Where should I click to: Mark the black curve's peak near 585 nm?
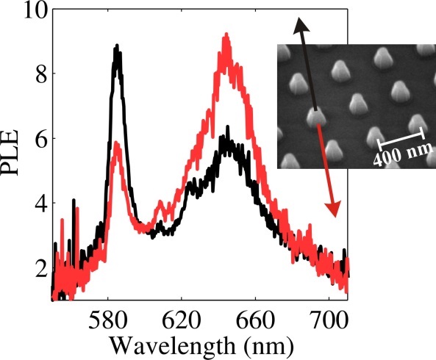pyautogui.click(x=116, y=47)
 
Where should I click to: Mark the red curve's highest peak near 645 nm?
pyautogui.click(x=226, y=35)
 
